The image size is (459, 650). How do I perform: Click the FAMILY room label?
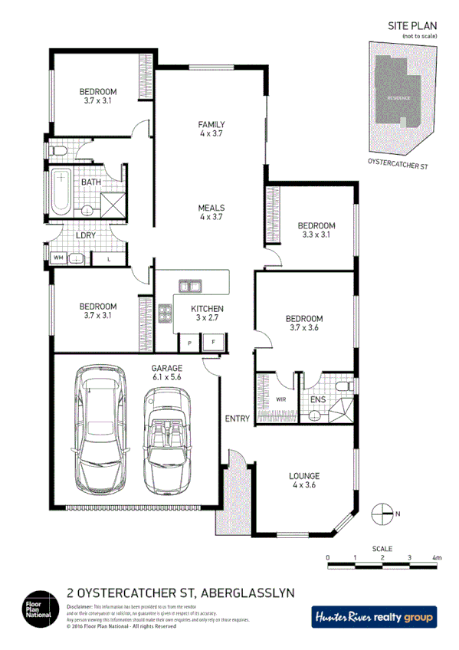click(211, 124)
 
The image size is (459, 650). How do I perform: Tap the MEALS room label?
click(211, 208)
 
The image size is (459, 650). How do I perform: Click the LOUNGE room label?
click(304, 475)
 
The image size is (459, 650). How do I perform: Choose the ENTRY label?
click(238, 419)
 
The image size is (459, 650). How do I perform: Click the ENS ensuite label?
click(317, 399)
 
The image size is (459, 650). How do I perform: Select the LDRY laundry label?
click(85, 235)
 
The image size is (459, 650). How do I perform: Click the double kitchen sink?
click(190, 287)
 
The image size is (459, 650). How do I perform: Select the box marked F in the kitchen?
click(214, 343)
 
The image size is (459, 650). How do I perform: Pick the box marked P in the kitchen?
click(188, 343)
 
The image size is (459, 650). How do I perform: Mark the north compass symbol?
click(381, 514)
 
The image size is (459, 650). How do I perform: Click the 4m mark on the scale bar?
click(437, 557)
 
